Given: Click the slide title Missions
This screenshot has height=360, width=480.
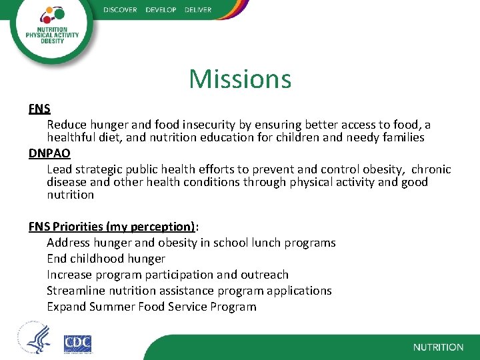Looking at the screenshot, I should coord(240,79).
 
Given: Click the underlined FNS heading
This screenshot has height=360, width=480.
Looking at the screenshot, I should coord(39,109).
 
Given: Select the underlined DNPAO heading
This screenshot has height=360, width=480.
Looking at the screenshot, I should coord(49,153).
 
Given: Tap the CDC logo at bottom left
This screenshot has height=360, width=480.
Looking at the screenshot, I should coord(77,343).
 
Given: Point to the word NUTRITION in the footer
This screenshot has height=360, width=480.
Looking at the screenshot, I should coord(438,347).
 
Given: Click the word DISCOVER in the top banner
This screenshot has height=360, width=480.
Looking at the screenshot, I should coord(120,10).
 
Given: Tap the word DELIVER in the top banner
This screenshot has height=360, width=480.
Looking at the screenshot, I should coord(197,10).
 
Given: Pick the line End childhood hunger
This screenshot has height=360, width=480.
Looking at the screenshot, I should coord(106,259).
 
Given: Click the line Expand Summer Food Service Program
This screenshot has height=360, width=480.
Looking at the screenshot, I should coord(151,307).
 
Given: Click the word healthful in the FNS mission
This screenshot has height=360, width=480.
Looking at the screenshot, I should coord(72,137).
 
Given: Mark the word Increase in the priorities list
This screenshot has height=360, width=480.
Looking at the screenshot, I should coord(69,275).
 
